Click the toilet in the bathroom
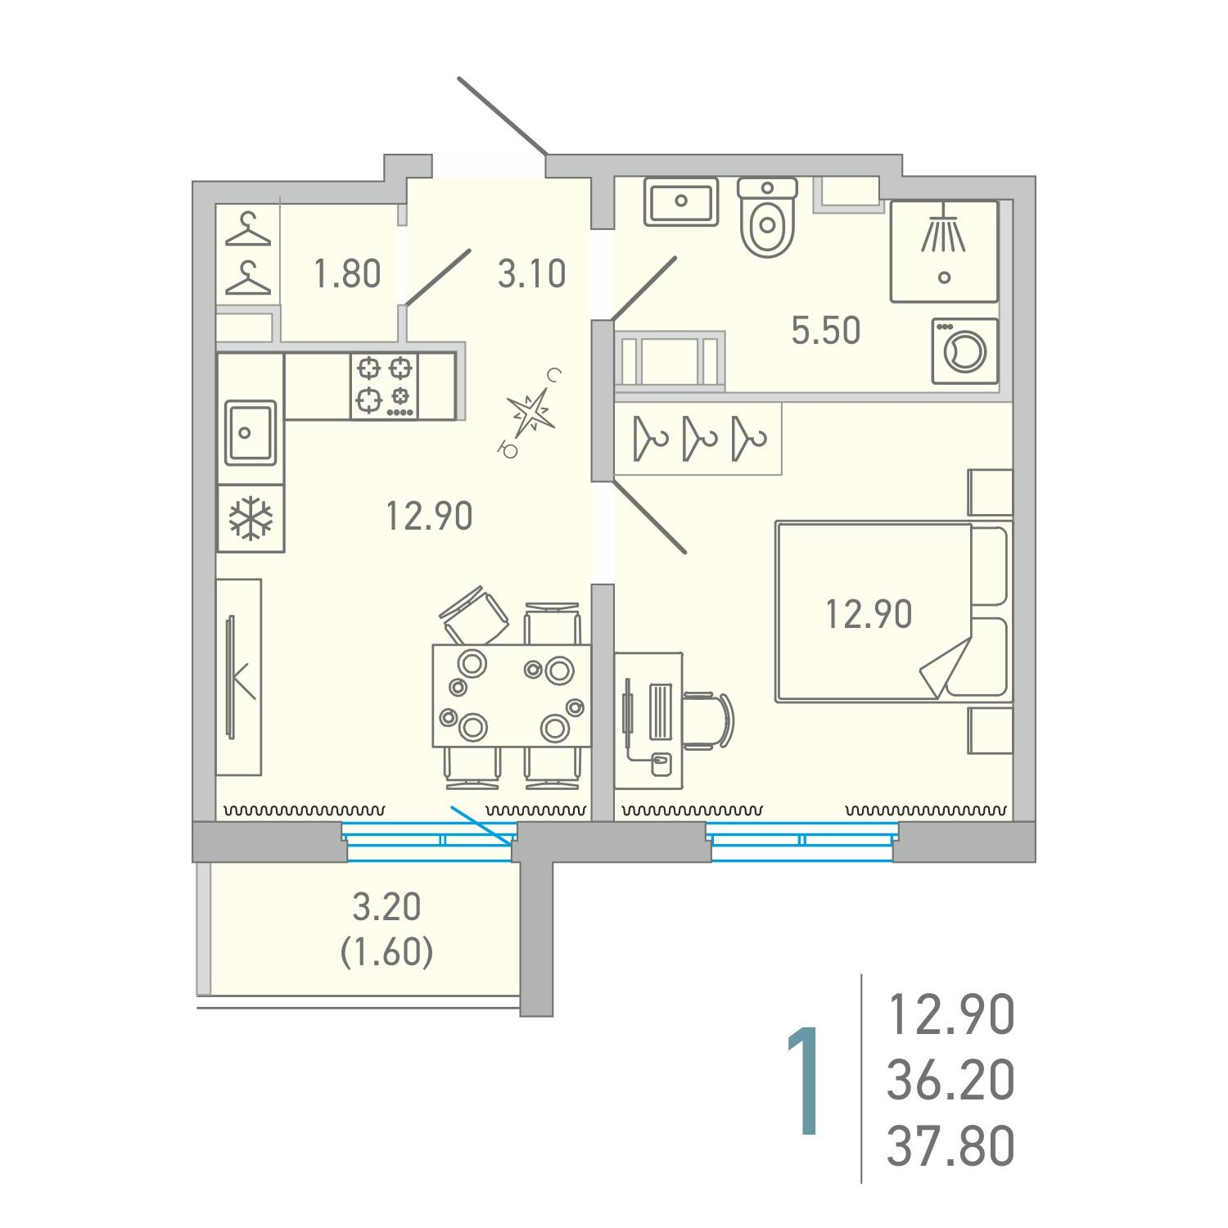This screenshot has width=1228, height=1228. pos(767,216)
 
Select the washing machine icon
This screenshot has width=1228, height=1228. pos(965,350)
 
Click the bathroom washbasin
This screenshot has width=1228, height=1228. pos(681,201)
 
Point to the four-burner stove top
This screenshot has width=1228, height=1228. pos(384,386)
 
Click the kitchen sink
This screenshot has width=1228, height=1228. pos(251,432)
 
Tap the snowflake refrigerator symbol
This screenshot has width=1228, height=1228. pos(251,518)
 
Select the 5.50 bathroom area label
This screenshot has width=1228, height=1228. pos(826,331)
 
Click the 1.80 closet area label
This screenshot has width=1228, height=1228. pos(348,273)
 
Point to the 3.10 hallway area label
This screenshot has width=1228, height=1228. pos(532,273)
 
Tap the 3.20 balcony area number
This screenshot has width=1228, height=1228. pos(386,907)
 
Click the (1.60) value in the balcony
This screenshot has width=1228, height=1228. pos(386,952)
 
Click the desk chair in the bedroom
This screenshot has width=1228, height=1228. pos(709,720)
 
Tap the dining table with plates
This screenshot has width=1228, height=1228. pos(512,695)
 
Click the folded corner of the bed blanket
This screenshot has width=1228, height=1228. pos(946,666)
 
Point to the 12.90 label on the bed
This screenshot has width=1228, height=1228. pos(869,614)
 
